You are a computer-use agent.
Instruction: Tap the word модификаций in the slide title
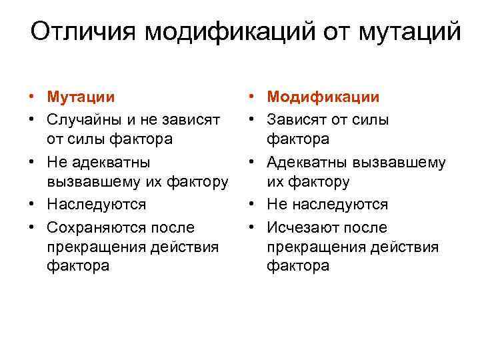[x=225, y=31]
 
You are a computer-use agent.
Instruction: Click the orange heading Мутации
[x=81, y=97]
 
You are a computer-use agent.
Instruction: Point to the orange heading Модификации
[x=323, y=97]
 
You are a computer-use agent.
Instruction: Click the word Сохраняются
[x=92, y=227]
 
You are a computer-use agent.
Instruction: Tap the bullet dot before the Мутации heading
[x=32, y=97]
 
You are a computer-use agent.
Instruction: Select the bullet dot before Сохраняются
[x=32, y=228]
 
